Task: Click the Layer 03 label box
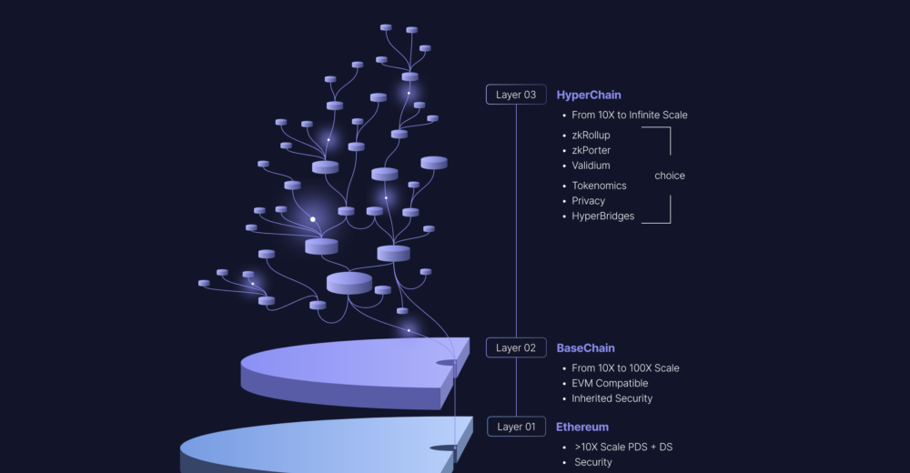(x=516, y=95)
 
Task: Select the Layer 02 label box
(x=516, y=347)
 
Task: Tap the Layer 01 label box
(x=516, y=427)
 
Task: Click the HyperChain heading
(x=589, y=95)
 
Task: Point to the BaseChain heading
(x=585, y=347)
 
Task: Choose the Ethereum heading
(x=582, y=427)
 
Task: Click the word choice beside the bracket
(x=670, y=176)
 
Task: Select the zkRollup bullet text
(x=591, y=136)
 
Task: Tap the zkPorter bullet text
(x=591, y=150)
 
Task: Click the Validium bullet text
(x=591, y=166)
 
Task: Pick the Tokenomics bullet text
(x=599, y=186)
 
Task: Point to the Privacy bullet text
(x=588, y=201)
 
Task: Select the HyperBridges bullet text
(x=602, y=216)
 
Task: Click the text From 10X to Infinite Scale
(x=629, y=116)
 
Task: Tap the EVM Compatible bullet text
(x=610, y=383)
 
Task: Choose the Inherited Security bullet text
(x=612, y=398)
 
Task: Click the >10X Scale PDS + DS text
(x=623, y=448)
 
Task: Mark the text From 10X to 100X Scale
(x=625, y=368)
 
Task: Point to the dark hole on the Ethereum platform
(x=443, y=448)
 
